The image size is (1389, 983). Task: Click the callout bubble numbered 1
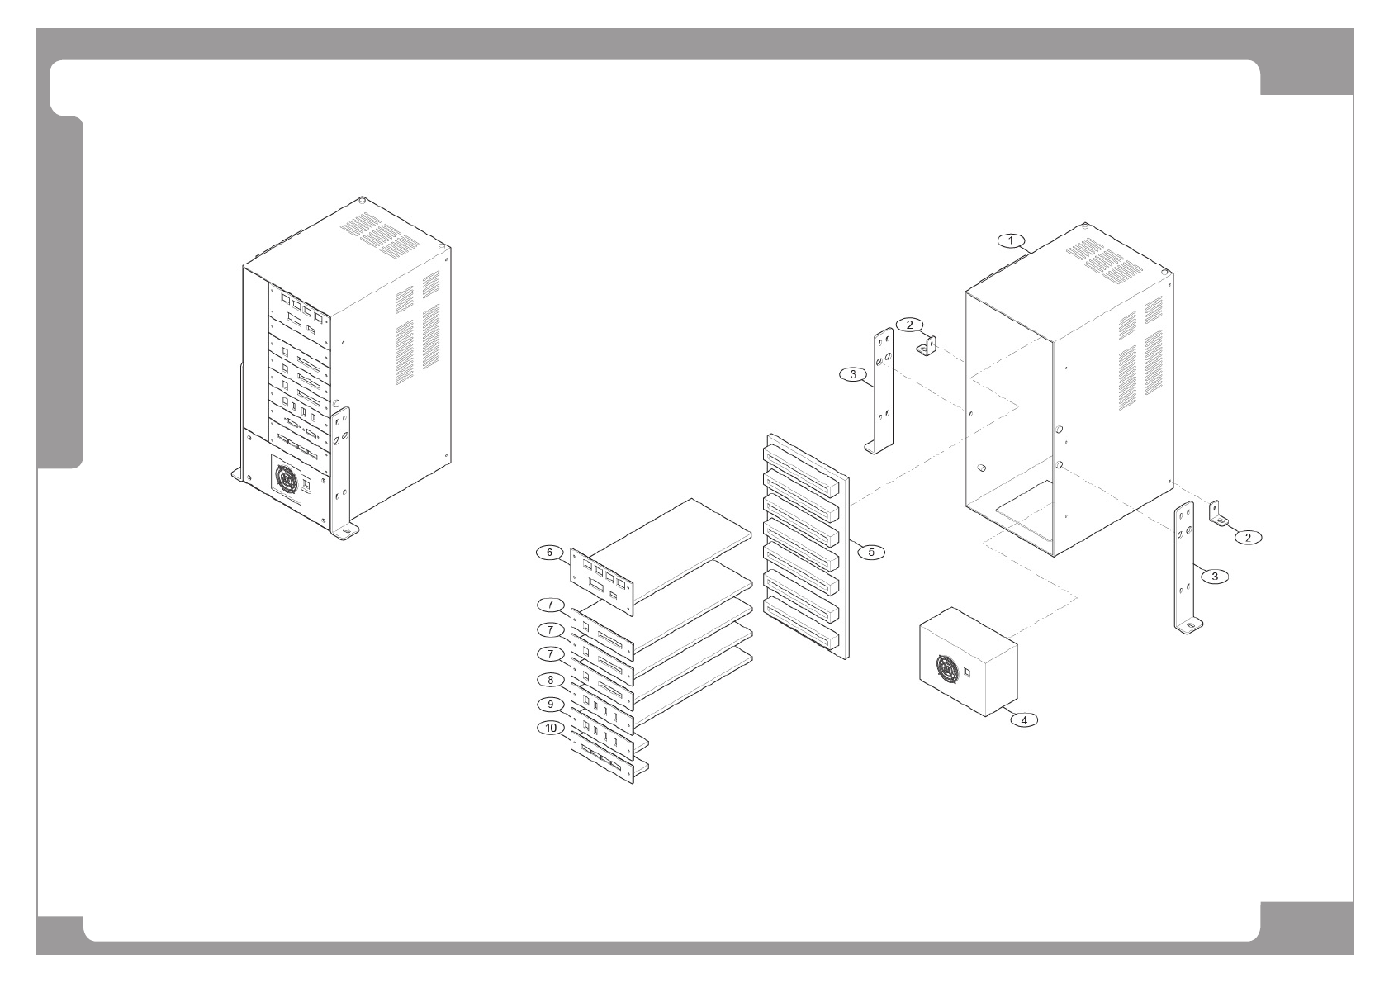(x=1010, y=240)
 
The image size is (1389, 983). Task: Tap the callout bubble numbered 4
(x=1024, y=719)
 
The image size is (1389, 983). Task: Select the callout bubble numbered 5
(x=870, y=551)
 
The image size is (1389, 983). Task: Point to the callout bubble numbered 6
(x=549, y=552)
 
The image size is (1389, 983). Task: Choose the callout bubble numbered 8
(x=549, y=680)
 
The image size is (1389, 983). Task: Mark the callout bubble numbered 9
(x=549, y=705)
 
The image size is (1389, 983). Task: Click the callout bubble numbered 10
(x=551, y=728)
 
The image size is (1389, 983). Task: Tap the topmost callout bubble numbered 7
(x=549, y=605)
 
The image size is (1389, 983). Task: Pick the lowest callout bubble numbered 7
(x=549, y=653)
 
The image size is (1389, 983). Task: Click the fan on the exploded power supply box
(x=946, y=667)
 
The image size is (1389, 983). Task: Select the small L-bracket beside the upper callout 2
(x=928, y=344)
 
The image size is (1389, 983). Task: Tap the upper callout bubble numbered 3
(x=851, y=374)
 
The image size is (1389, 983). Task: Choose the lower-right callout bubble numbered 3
(x=1213, y=576)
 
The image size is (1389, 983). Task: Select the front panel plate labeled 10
(x=602, y=759)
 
